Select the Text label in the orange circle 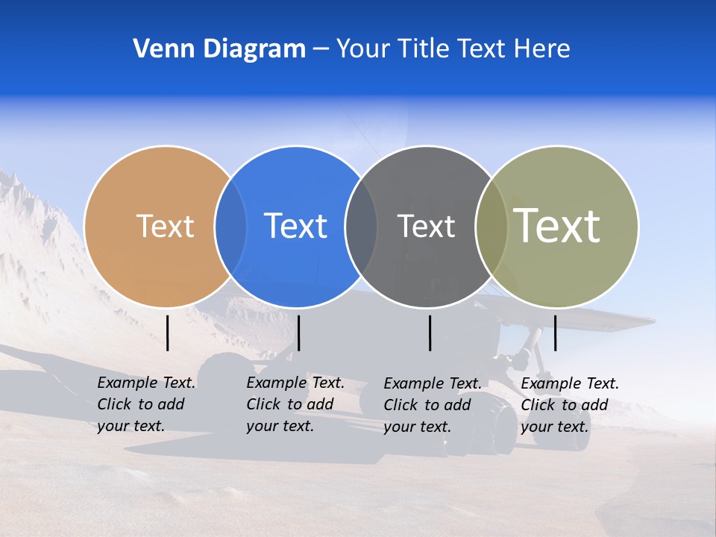point(165,226)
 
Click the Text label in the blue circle point(295,226)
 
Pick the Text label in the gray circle point(426,226)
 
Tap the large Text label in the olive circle point(557,226)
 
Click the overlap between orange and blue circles point(230,226)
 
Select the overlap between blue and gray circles point(361,226)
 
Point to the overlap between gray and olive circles point(491,226)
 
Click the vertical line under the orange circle point(168,333)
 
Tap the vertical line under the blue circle point(298,333)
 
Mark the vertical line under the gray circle point(430,333)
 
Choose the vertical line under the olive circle point(555,333)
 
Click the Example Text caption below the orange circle point(145,404)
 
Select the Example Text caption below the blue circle point(295,404)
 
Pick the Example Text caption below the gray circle point(432,405)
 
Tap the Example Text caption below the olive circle point(569,405)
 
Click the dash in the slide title point(321,49)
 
